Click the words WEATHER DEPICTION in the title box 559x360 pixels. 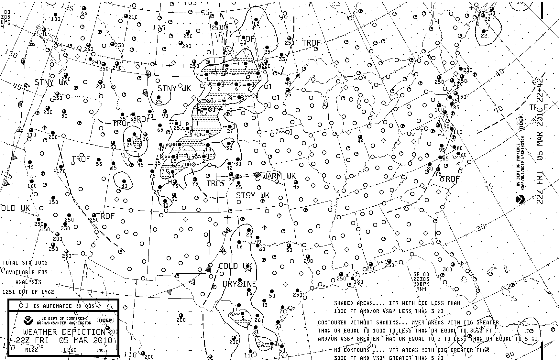pyautogui.click(x=64, y=332)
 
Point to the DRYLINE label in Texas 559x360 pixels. pyautogui.click(x=239, y=284)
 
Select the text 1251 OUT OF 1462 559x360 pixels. pyautogui.click(x=28, y=292)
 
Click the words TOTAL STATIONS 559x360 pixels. pyautogui.click(x=25, y=263)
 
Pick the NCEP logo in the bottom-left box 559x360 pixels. pyautogui.click(x=105, y=321)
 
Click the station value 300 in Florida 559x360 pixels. pyautogui.click(x=447, y=269)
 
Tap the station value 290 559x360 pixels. pyautogui.click(x=308, y=261)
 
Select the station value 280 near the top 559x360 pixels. pyautogui.click(x=187, y=46)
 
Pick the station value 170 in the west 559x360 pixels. pyautogui.click(x=61, y=171)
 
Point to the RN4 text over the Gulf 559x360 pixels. pyautogui.click(x=421, y=289)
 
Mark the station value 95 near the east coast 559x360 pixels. pyautogui.click(x=442, y=150)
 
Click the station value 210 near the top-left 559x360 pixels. pyautogui.click(x=133, y=17)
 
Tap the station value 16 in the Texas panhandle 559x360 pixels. pyautogui.click(x=239, y=246)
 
